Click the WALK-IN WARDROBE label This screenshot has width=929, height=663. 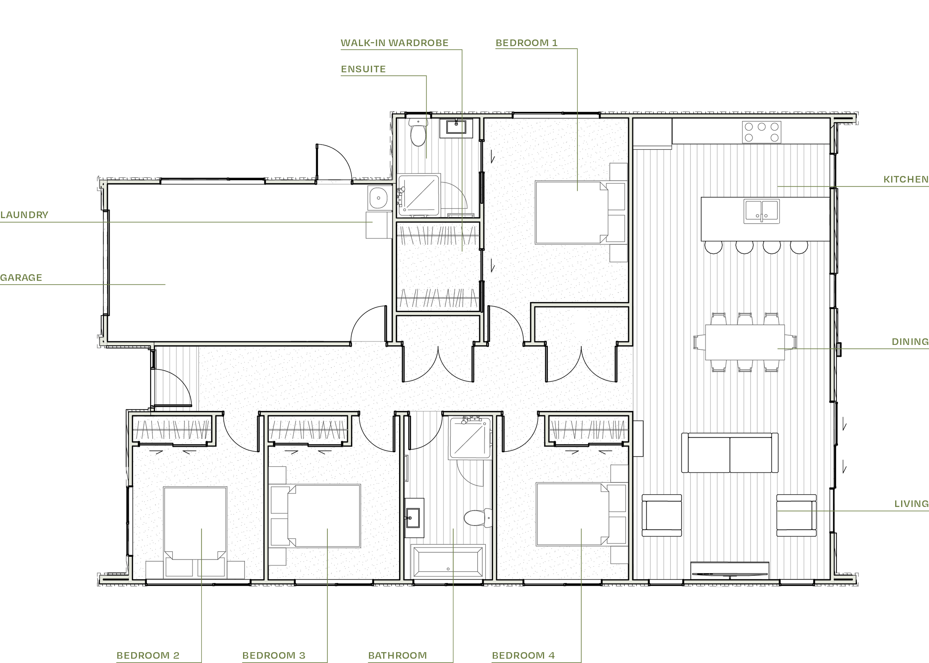pos(394,43)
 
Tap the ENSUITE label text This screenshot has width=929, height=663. pos(363,69)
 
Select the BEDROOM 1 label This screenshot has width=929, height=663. pos(526,43)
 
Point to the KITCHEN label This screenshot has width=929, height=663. pos(906,180)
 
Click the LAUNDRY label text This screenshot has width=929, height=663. pos(25,215)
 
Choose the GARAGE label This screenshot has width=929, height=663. pos(21,278)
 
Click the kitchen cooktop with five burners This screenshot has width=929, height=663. pos(761,132)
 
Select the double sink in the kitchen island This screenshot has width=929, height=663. pos(761,211)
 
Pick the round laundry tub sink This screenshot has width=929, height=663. pos(378,198)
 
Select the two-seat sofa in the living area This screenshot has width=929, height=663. pos(729,453)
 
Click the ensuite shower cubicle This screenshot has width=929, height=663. pos(419,195)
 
